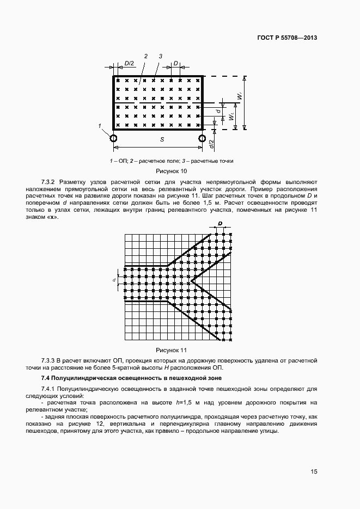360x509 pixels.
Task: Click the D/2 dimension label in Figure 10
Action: click(130, 63)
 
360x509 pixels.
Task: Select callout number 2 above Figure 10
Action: click(146, 56)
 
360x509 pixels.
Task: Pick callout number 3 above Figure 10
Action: click(161, 56)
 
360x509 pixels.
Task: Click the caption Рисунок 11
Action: click(172, 350)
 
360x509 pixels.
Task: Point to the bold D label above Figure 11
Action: click(220, 224)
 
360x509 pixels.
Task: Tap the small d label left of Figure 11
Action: click(115, 280)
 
